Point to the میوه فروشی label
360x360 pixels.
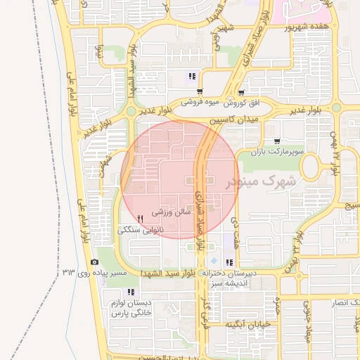200,103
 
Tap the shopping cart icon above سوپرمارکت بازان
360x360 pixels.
284,141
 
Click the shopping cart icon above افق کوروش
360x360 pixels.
241,92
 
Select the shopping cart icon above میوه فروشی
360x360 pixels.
200,92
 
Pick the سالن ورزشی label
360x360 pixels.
172,211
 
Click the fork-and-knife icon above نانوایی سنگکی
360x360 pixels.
141,219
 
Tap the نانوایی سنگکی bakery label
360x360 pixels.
143,230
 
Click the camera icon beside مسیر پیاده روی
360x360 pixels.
95,262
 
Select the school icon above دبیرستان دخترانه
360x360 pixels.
229,262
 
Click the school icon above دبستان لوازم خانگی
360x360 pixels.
130,292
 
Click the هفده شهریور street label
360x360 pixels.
307,27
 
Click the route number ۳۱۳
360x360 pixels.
69,271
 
